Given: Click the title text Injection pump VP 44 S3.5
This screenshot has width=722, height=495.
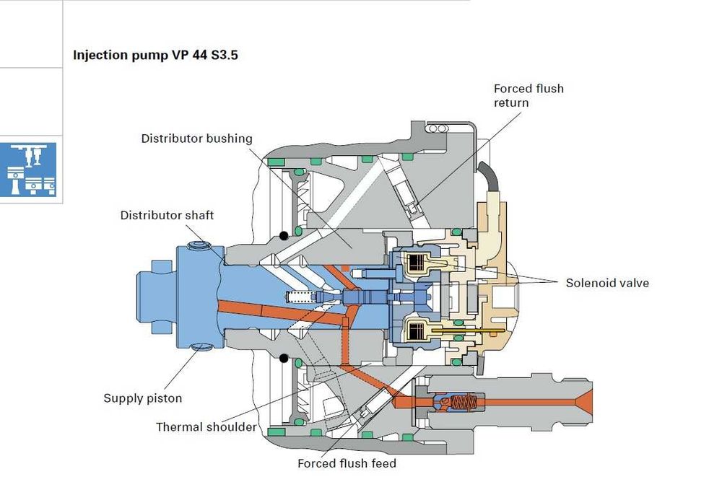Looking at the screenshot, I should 155,55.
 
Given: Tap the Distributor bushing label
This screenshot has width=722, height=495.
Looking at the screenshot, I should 196,138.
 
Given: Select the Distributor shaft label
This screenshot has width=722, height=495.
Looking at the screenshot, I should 167,215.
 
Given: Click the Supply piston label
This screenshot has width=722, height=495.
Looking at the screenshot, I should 142,398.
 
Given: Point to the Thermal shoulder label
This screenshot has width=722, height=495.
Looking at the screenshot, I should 206,427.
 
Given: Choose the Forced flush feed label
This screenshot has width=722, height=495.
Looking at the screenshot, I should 347,463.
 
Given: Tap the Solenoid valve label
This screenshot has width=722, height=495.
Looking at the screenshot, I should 607,283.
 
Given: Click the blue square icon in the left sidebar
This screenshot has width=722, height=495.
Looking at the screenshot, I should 30,170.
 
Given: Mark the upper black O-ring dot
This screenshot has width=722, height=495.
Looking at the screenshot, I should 284,235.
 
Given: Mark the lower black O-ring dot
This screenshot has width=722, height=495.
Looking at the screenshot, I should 284,358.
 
